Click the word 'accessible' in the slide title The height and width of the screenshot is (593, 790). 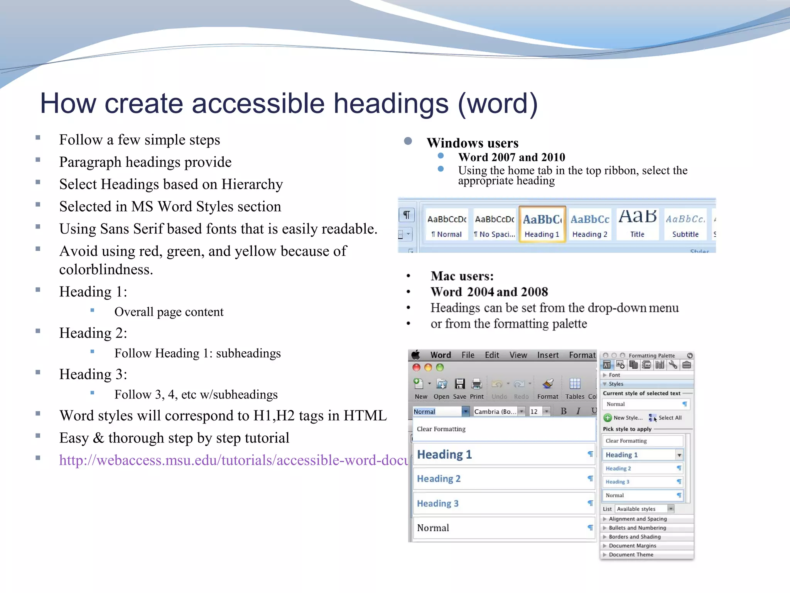click(258, 103)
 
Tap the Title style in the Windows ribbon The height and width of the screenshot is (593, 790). click(637, 224)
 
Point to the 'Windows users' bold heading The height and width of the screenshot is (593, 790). click(473, 143)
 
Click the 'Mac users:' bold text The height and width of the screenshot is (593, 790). click(462, 276)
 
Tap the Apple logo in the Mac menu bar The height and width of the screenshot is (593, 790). click(415, 355)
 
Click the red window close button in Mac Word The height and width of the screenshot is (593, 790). click(416, 368)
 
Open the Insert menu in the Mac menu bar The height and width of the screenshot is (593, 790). click(548, 355)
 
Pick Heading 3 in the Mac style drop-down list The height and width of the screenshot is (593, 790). click(438, 503)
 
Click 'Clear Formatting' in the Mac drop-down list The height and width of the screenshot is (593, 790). click(441, 429)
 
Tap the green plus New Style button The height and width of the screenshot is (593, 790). click(608, 418)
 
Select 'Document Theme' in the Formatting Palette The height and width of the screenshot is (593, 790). click(631, 555)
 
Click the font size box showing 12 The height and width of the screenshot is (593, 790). click(535, 412)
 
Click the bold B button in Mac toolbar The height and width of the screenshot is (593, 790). click(564, 411)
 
